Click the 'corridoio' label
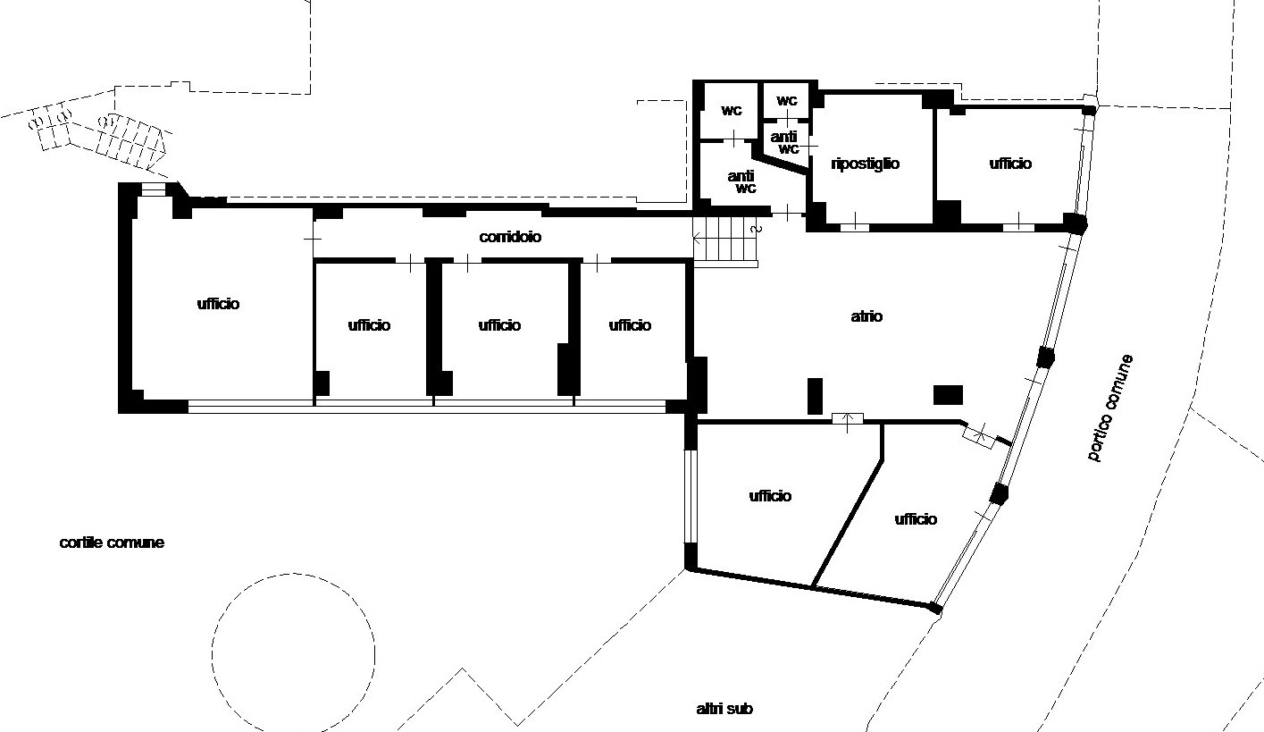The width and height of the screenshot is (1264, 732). tap(510, 237)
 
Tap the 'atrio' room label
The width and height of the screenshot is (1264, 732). tap(866, 316)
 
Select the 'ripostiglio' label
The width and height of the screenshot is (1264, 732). tap(865, 164)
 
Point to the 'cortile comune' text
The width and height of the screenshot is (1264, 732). tap(112, 543)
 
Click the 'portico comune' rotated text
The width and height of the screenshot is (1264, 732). tap(1109, 408)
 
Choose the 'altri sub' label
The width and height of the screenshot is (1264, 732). tap(724, 708)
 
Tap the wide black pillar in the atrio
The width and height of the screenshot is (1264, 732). tap(948, 395)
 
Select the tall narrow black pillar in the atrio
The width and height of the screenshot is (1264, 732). tap(815, 396)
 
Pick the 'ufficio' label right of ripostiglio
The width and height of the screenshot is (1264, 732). tap(1010, 164)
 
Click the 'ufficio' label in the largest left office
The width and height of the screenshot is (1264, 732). tap(218, 304)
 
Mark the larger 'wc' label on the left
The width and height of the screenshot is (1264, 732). tap(732, 111)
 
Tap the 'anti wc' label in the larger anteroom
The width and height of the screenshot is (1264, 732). tap(741, 182)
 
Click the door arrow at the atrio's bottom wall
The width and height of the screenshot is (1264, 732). tap(847, 422)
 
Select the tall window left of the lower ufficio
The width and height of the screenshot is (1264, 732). tap(691, 496)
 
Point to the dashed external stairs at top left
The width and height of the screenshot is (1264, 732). tap(99, 136)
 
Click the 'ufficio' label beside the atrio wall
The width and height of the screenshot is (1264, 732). tap(630, 325)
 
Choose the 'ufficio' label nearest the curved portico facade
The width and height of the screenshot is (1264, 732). tap(916, 519)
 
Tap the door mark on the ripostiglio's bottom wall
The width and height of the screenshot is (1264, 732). tap(854, 227)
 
